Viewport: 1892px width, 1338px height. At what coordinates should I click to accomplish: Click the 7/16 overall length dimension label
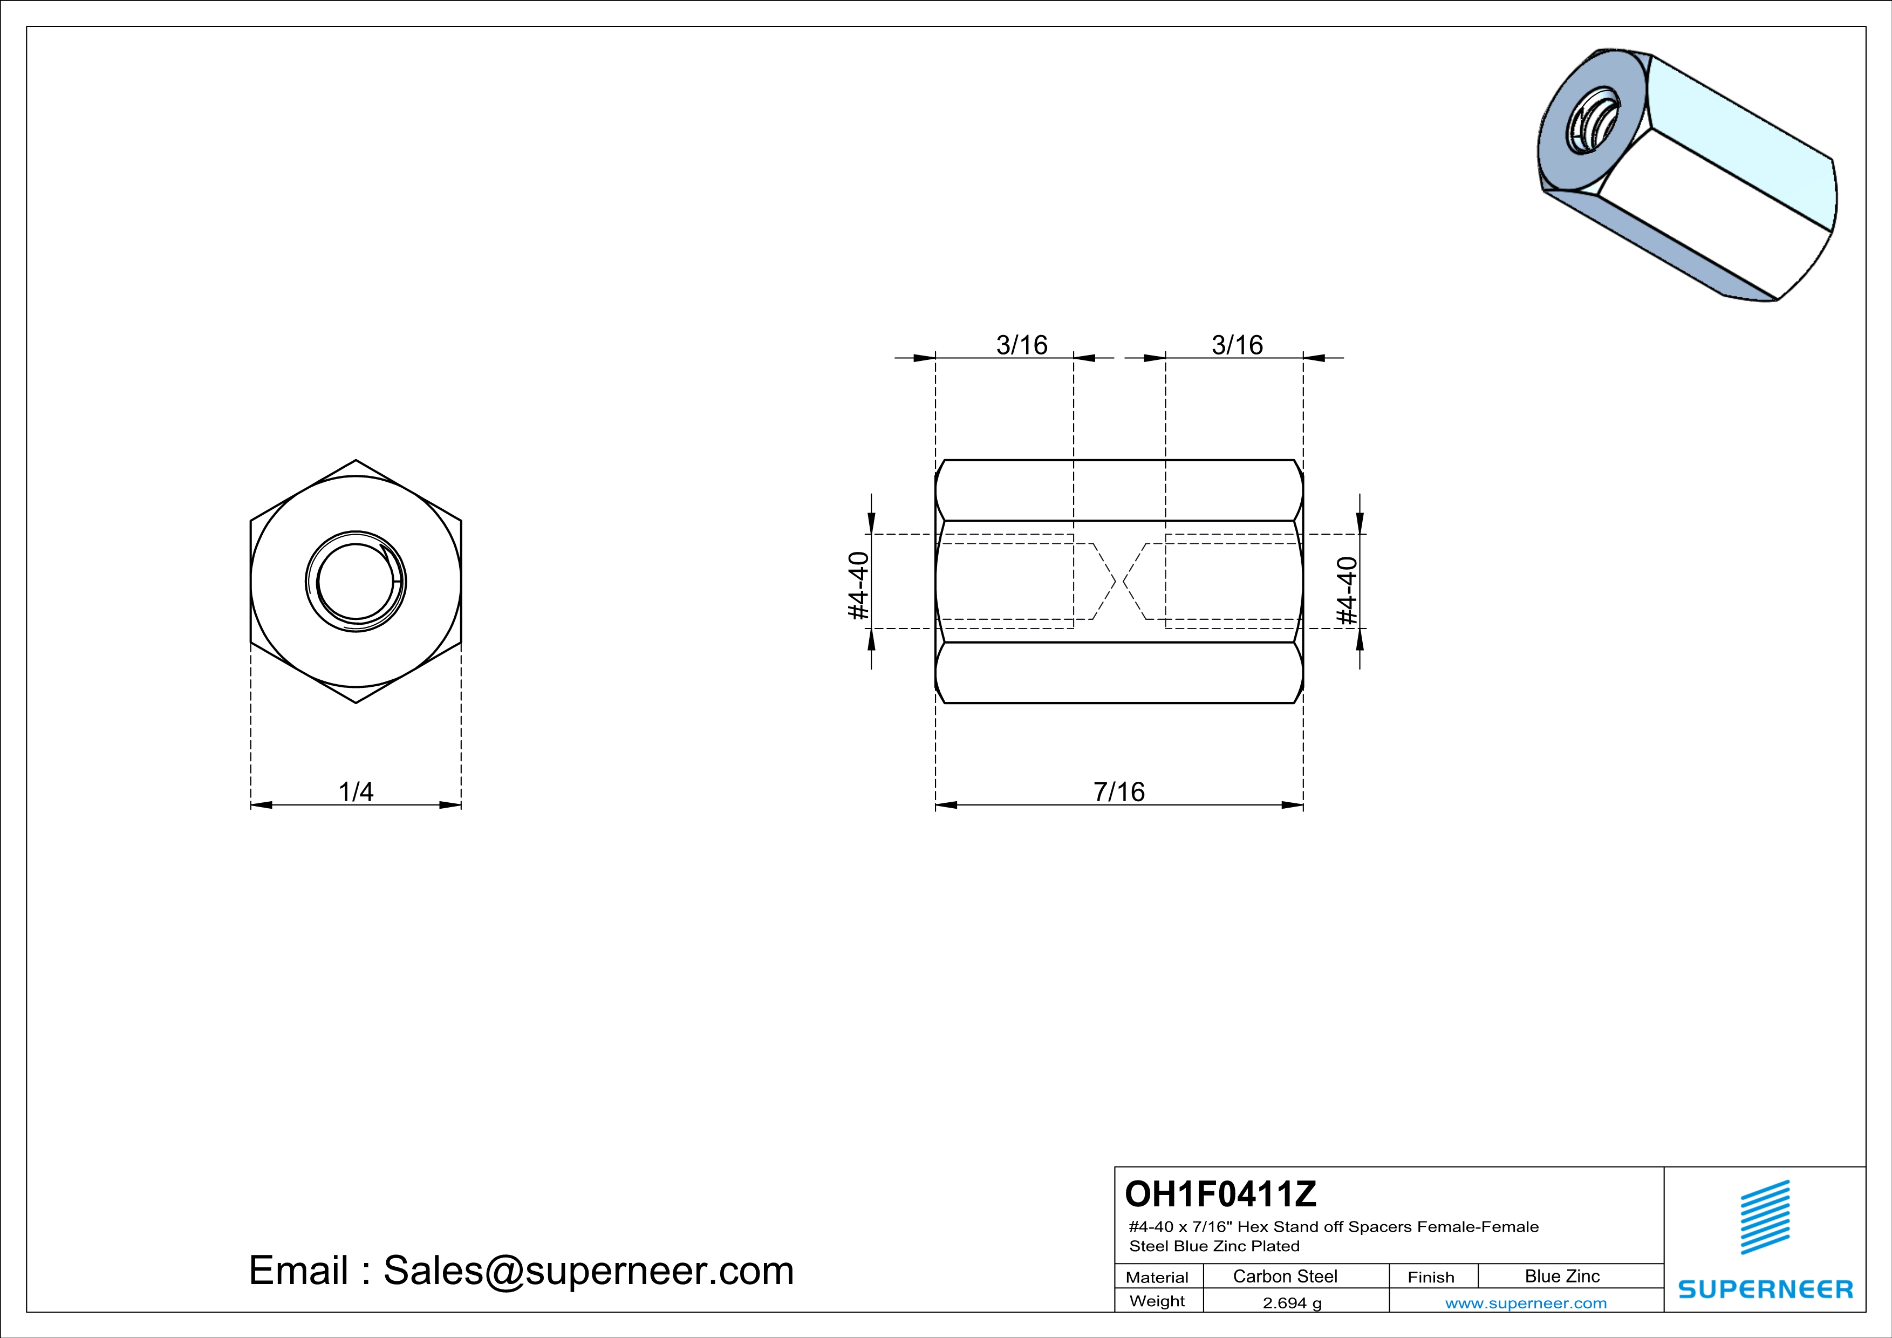coord(1119,792)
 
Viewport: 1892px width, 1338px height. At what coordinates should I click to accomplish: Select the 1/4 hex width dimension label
coord(356,792)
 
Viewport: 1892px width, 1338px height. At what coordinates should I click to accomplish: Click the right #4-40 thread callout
coord(1347,591)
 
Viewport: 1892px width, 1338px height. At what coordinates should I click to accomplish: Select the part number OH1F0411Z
coord(1220,1194)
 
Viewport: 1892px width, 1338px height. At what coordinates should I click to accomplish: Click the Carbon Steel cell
coord(1285,1276)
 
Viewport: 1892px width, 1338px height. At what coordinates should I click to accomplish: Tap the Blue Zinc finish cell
coord(1562,1276)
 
